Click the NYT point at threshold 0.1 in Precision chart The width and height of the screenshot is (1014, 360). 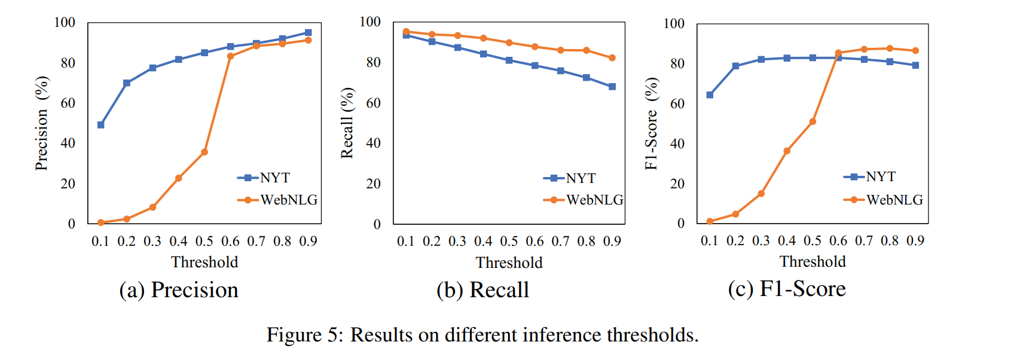(x=101, y=125)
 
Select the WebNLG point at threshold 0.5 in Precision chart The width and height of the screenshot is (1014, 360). (x=204, y=152)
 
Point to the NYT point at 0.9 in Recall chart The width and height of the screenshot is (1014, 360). (x=612, y=87)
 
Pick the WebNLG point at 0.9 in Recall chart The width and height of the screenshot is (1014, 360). (x=612, y=58)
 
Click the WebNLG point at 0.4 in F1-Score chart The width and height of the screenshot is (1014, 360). (x=787, y=151)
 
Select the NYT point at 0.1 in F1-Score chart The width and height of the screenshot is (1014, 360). (x=710, y=95)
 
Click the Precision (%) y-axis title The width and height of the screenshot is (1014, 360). (x=41, y=123)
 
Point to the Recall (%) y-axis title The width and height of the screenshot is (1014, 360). (x=347, y=123)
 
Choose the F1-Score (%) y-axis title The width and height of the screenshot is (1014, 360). (x=651, y=123)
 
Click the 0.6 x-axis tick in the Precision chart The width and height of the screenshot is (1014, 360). (x=230, y=241)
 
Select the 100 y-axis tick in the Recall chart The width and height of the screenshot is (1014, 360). (x=370, y=22)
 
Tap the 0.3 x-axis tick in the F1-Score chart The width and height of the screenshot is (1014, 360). (x=761, y=240)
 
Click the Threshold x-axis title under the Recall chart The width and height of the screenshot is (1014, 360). (x=509, y=263)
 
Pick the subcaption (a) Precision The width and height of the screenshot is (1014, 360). (x=179, y=290)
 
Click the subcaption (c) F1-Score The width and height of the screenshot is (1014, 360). (x=787, y=289)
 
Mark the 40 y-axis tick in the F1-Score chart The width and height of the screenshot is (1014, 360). (x=677, y=144)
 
